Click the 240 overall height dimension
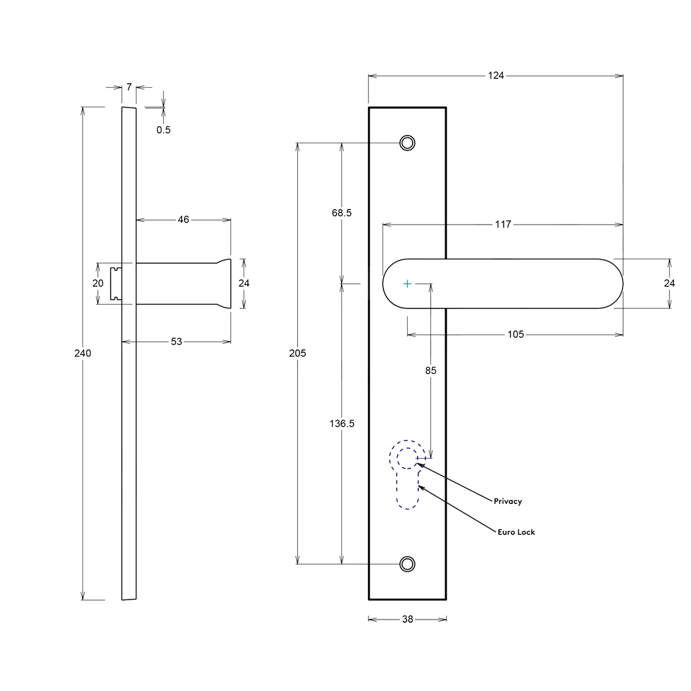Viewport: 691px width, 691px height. [x=83, y=353]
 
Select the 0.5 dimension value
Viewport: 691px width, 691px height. [x=164, y=130]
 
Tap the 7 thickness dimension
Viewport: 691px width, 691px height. [x=129, y=87]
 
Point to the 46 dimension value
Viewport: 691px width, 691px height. [x=183, y=220]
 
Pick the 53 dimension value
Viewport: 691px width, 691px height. [x=176, y=341]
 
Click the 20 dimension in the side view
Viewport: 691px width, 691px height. [x=98, y=283]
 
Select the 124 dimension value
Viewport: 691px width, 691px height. [x=496, y=75]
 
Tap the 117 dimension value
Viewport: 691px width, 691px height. [x=503, y=224]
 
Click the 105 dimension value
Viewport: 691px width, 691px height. [x=515, y=334]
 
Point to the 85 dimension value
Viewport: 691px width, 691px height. [x=431, y=370]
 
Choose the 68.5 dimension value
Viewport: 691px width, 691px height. [x=342, y=213]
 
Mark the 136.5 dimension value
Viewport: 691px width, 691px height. [x=342, y=423]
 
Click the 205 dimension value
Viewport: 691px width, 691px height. [x=298, y=353]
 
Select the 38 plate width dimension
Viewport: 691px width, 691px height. [x=408, y=619]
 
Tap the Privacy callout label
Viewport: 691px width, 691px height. [x=508, y=501]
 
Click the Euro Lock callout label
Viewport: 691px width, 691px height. [x=516, y=532]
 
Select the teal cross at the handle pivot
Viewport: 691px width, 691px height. [x=407, y=284]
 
